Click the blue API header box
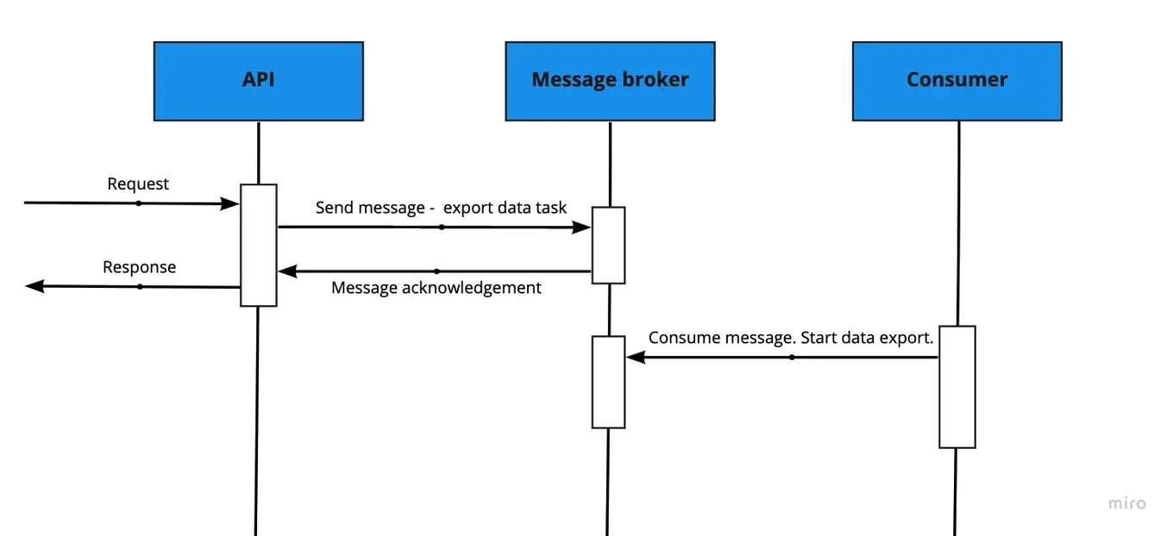(x=258, y=80)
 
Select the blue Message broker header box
(x=610, y=80)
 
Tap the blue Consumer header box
(x=957, y=80)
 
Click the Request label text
(x=138, y=184)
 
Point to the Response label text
(x=139, y=267)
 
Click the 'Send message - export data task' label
(x=441, y=208)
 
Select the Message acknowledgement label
(x=436, y=288)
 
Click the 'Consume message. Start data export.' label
(x=791, y=338)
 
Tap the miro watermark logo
(x=1126, y=503)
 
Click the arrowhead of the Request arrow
(x=230, y=204)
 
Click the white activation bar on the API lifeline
(x=258, y=246)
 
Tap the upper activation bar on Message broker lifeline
(x=608, y=246)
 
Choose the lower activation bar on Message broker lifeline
(x=608, y=382)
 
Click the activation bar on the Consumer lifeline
(x=957, y=387)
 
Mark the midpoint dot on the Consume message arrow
(x=792, y=357)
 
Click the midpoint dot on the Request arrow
(x=138, y=203)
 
